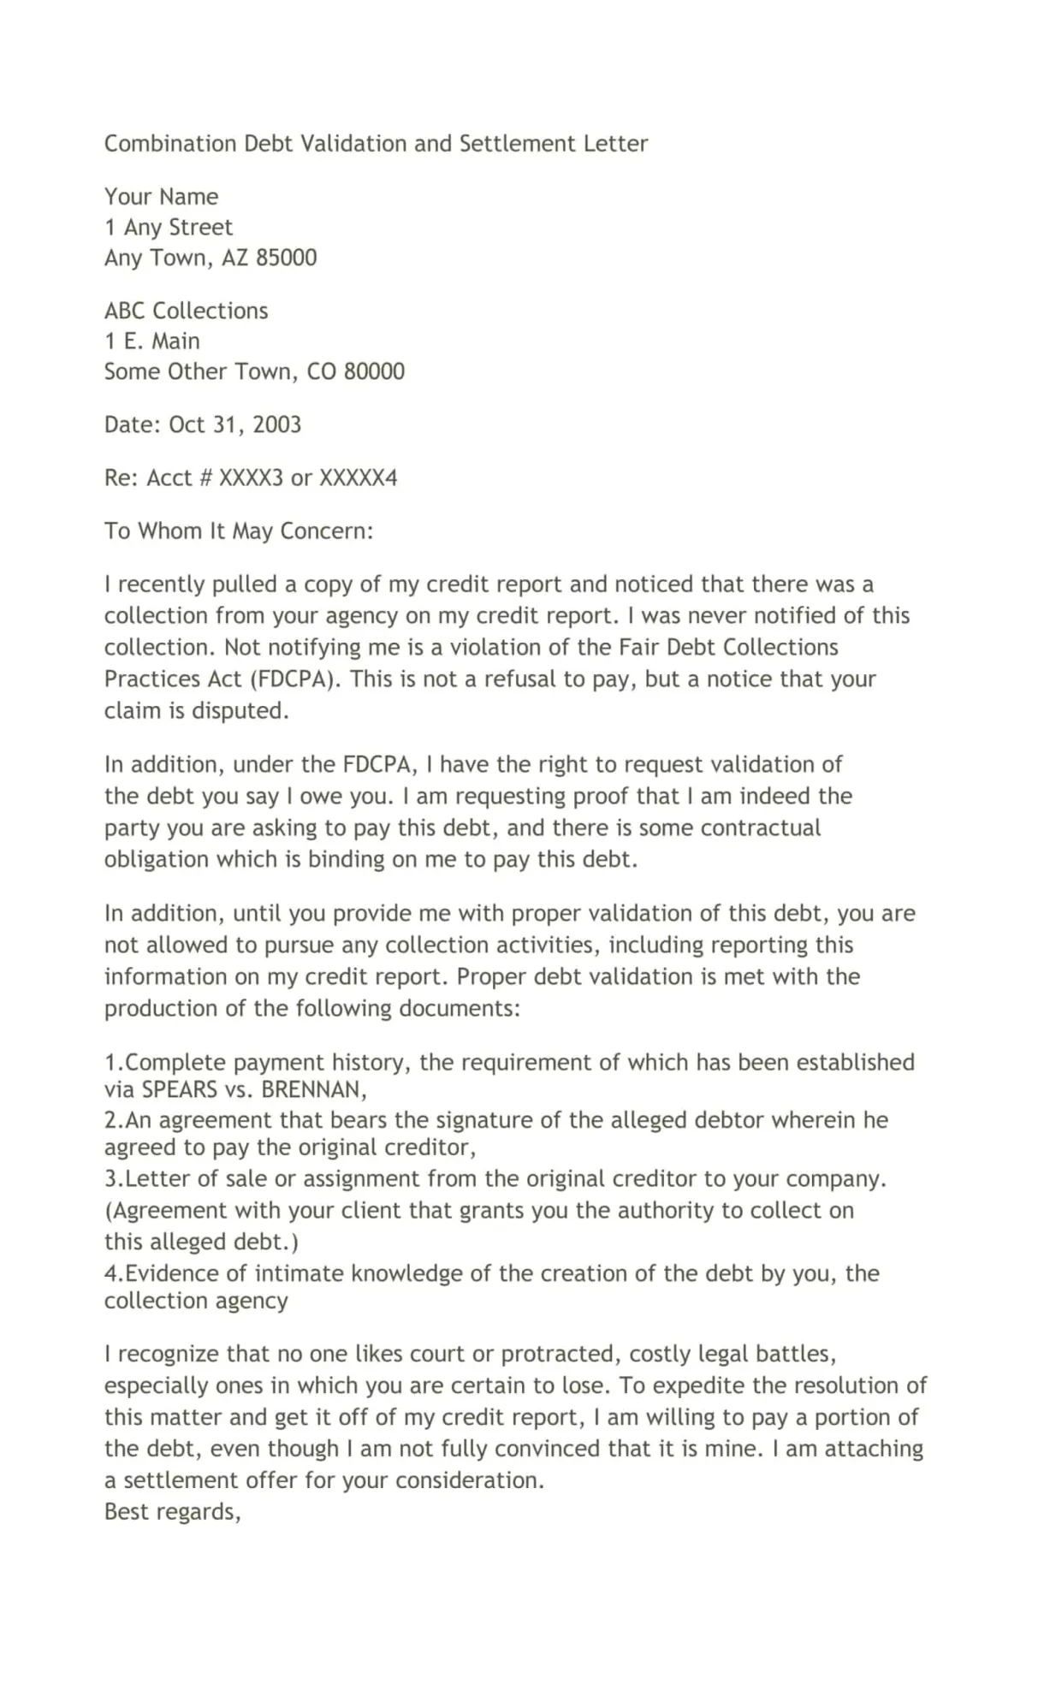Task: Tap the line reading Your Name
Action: [161, 197]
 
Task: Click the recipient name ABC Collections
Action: [186, 311]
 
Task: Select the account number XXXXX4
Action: [358, 477]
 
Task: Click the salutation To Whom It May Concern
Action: [239, 531]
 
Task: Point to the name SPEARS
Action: [179, 1090]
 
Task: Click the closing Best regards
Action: [172, 1512]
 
